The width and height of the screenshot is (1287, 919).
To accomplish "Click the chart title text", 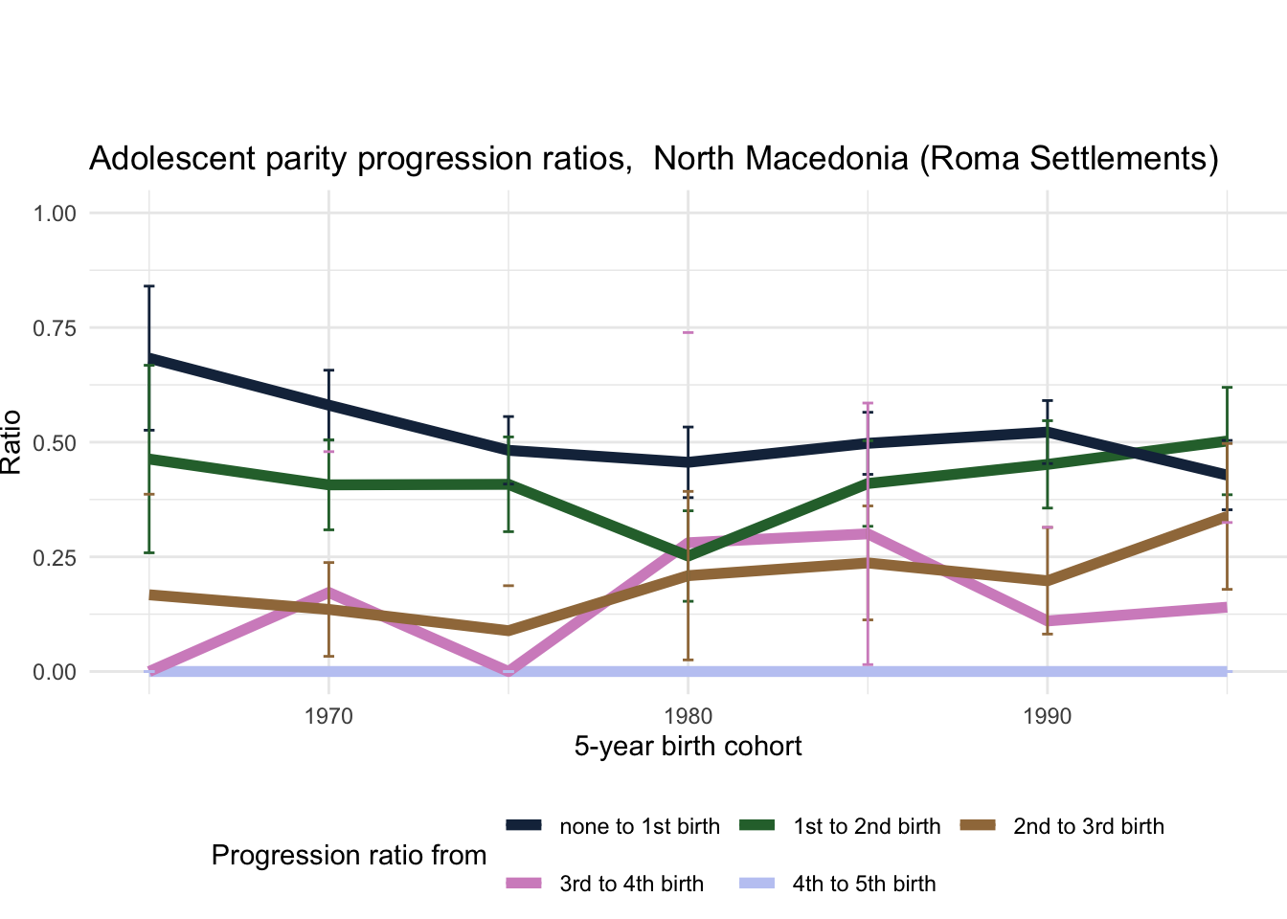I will (x=653, y=158).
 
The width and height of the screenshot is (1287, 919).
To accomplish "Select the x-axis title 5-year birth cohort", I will (x=688, y=746).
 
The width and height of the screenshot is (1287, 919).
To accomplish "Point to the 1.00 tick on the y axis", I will (x=55, y=213).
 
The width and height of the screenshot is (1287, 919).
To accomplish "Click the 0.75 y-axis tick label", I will (x=55, y=327).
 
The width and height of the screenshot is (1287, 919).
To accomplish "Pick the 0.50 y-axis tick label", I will (x=55, y=442).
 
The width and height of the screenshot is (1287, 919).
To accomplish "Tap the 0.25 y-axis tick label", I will (x=55, y=557).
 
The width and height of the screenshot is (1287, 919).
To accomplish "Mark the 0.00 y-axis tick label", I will (x=55, y=672).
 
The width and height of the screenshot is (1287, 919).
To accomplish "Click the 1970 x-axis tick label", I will (x=328, y=716).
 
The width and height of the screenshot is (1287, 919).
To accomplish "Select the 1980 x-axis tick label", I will (x=688, y=716).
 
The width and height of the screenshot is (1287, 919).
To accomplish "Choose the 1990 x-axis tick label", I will (x=1047, y=716).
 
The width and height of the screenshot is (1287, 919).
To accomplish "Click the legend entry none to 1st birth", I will (x=639, y=826).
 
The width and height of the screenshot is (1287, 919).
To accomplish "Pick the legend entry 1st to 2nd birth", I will (x=867, y=826).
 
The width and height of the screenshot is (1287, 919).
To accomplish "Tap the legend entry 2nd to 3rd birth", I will (x=1088, y=826).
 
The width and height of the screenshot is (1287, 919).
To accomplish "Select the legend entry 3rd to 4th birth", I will (x=631, y=884).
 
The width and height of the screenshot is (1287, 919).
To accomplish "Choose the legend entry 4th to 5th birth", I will (x=864, y=884).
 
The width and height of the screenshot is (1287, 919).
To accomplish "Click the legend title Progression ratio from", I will (x=349, y=855).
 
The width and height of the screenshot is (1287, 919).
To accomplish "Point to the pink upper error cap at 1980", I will (x=688, y=332).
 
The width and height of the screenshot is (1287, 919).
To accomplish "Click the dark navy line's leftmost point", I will (x=149, y=358).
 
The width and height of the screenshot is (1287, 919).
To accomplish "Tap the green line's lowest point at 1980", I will (x=688, y=557).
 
